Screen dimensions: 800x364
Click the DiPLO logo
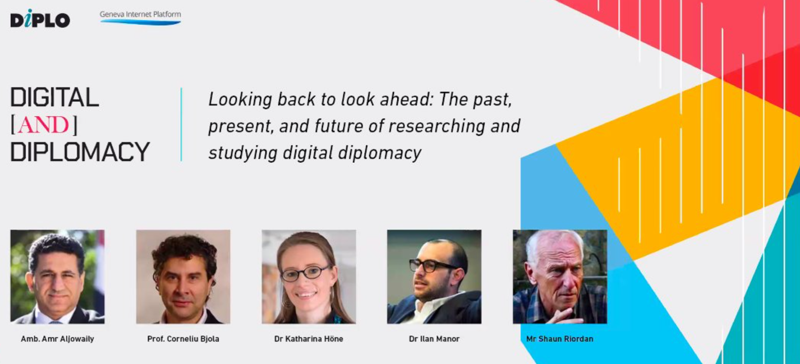point(40,19)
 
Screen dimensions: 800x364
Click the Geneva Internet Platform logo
point(140,18)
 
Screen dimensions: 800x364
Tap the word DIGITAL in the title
point(54,98)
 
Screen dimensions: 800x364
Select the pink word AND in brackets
point(43,125)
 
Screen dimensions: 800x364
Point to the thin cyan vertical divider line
point(181,124)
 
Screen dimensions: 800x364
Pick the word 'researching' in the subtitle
point(436,126)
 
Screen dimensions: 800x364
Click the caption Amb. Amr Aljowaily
point(57,339)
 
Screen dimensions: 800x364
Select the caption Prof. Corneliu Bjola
point(183,339)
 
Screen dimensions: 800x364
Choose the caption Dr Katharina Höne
point(309,339)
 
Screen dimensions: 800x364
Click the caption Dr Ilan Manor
point(434,339)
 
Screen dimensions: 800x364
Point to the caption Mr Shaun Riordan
point(560,339)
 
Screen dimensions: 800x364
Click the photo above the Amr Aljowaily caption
point(58,277)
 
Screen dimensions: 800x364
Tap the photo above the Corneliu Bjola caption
point(183,277)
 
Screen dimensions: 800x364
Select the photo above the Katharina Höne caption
point(309,277)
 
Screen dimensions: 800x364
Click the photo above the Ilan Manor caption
point(434,277)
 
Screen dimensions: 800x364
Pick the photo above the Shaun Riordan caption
point(560,277)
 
